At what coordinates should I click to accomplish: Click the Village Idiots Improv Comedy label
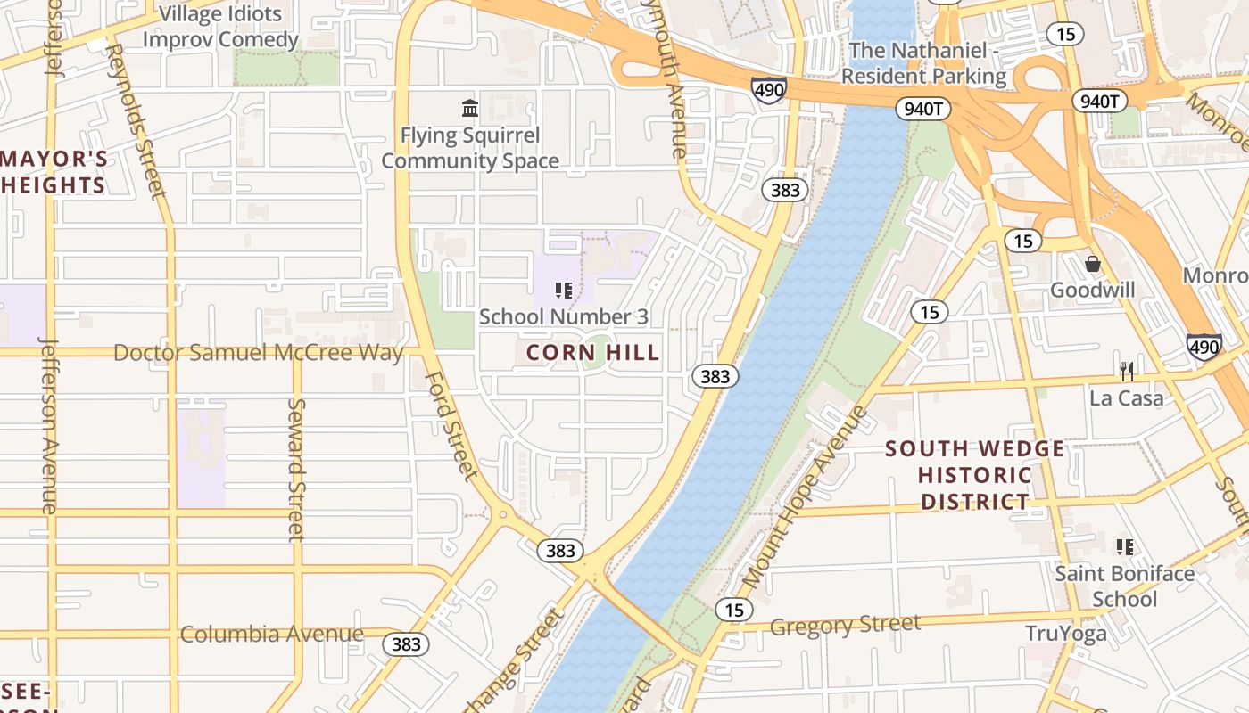coord(220,27)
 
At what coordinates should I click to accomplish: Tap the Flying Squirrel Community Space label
coord(470,148)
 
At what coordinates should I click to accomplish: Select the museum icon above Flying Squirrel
coord(470,109)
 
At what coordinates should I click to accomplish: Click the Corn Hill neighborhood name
coord(592,353)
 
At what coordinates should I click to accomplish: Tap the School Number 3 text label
coord(563,316)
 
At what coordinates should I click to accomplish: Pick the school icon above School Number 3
coord(563,290)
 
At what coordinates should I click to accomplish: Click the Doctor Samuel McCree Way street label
coord(258,353)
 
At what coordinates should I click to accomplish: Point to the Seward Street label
coord(296,469)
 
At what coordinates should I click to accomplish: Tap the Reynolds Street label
coord(136,120)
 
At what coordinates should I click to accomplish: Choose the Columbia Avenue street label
coord(271,635)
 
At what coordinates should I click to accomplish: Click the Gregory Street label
coord(845,625)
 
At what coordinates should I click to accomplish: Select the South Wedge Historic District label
coord(975,475)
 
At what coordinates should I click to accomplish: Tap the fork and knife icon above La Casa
coord(1127,371)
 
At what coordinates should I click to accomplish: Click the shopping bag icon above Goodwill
coord(1092,264)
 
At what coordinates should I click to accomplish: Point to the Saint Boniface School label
coord(1124,586)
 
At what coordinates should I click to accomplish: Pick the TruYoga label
coord(1065,634)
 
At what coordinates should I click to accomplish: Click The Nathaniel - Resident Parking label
coord(923,63)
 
